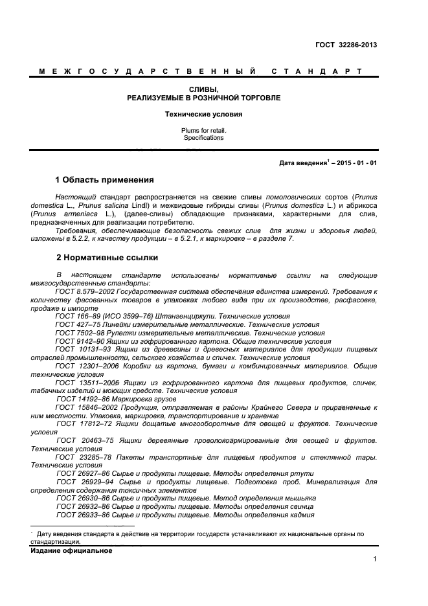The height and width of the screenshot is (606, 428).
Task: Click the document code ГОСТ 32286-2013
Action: [x=346, y=45]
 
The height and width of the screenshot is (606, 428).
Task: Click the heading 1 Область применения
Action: [x=105, y=179]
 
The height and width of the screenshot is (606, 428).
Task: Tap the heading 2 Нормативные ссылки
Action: [x=107, y=258]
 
